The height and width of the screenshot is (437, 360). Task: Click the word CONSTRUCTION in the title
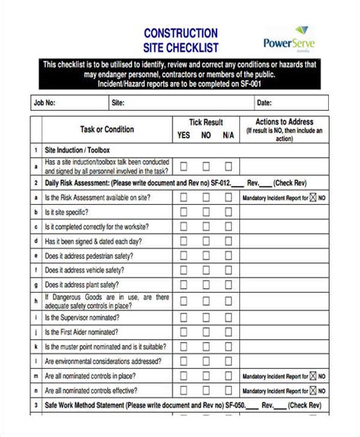(180, 33)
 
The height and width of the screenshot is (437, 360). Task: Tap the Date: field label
(264, 102)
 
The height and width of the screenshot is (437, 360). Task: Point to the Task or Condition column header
(107, 129)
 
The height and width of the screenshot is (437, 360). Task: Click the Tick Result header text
(206, 121)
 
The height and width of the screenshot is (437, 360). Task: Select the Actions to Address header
(283, 121)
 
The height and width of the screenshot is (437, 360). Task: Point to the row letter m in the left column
(35, 376)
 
